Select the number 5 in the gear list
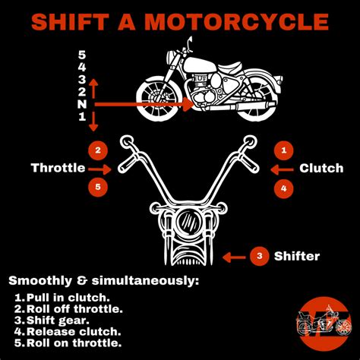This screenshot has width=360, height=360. click(x=82, y=54)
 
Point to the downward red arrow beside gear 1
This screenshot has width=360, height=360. click(x=94, y=122)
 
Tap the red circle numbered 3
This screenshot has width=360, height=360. click(x=260, y=257)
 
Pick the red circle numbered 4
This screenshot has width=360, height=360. click(x=283, y=186)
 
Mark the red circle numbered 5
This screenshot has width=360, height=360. click(x=96, y=186)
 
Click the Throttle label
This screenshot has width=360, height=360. click(x=58, y=168)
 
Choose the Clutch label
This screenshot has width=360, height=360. click(x=322, y=168)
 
